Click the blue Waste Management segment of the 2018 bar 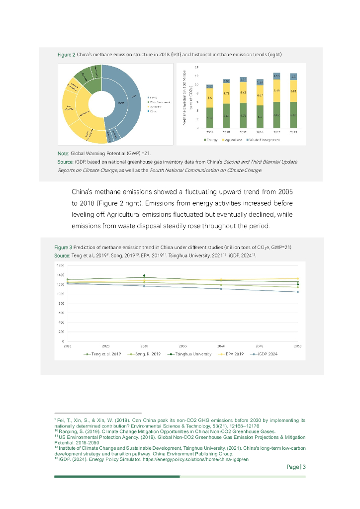click(x=293, y=77)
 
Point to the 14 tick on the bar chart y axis click(x=196, y=67)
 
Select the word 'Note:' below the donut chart click(x=63, y=154)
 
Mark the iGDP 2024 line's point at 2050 click(x=297, y=292)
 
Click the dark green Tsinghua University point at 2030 click(x=144, y=276)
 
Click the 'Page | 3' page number click(x=296, y=467)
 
